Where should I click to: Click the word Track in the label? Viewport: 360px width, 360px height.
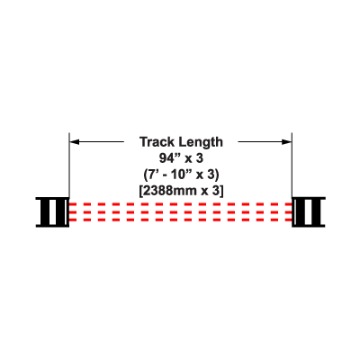click(x=157, y=142)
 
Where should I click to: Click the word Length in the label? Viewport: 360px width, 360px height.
click(x=201, y=142)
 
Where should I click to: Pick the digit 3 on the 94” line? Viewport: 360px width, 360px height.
click(x=200, y=158)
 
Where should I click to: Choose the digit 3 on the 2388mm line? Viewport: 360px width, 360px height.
click(x=216, y=191)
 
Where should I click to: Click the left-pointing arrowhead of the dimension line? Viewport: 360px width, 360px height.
click(x=75, y=141)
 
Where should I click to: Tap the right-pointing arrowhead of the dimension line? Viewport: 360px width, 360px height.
click(x=287, y=141)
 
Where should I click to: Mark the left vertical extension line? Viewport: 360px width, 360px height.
click(x=69, y=165)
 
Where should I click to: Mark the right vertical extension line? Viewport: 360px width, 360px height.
click(x=292, y=165)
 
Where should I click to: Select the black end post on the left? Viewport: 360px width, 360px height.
click(x=53, y=211)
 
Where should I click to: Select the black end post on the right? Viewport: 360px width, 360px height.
click(x=309, y=211)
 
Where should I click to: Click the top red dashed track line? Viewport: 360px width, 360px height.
click(x=181, y=204)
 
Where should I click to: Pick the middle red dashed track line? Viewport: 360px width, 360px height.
click(x=181, y=212)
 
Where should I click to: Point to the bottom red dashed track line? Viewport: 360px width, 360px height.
click(x=181, y=220)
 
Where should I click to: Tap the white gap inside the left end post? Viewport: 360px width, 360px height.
click(x=53, y=211)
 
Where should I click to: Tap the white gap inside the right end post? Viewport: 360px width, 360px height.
click(x=309, y=211)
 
